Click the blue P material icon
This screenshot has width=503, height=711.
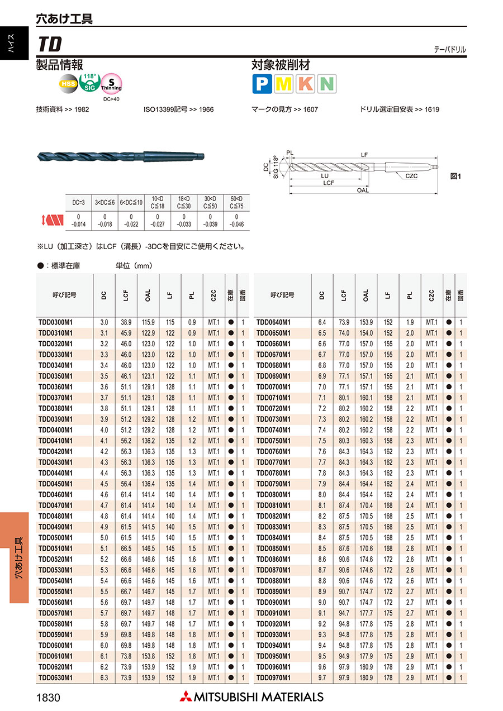tap(262, 84)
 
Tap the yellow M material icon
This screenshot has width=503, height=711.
tap(284, 84)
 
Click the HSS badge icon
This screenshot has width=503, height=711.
tap(69, 84)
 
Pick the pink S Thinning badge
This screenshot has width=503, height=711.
tap(111, 84)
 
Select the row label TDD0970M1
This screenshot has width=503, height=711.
tap(273, 677)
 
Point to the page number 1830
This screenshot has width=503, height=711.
tap(48, 697)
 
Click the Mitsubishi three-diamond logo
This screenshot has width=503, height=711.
tap(185, 696)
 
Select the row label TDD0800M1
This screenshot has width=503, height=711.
tap(273, 494)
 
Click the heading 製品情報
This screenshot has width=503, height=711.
tap(59, 65)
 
